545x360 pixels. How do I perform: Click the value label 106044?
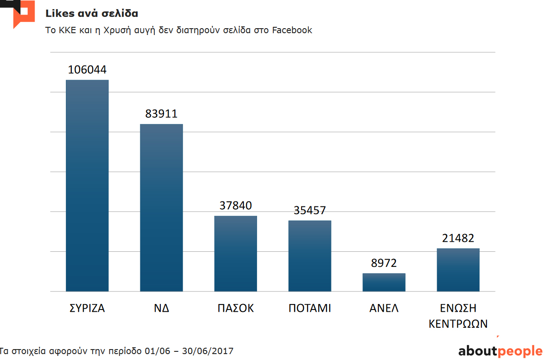(x=87, y=70)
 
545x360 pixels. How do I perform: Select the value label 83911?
(x=161, y=114)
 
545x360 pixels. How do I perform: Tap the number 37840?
(x=235, y=206)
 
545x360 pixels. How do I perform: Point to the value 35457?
(x=310, y=210)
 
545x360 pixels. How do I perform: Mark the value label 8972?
(x=384, y=263)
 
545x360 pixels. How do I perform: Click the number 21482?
(x=458, y=238)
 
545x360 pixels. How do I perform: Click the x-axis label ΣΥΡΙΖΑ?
(x=87, y=308)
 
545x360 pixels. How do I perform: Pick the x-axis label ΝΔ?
(x=161, y=308)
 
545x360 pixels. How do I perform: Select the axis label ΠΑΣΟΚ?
(x=235, y=308)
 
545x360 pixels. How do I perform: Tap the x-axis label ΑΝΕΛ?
(x=384, y=308)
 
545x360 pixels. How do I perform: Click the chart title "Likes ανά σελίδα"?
(x=92, y=13)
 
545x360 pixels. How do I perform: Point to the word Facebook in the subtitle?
(x=292, y=30)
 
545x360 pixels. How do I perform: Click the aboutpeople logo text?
(x=500, y=351)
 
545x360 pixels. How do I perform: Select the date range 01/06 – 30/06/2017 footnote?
(x=189, y=351)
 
